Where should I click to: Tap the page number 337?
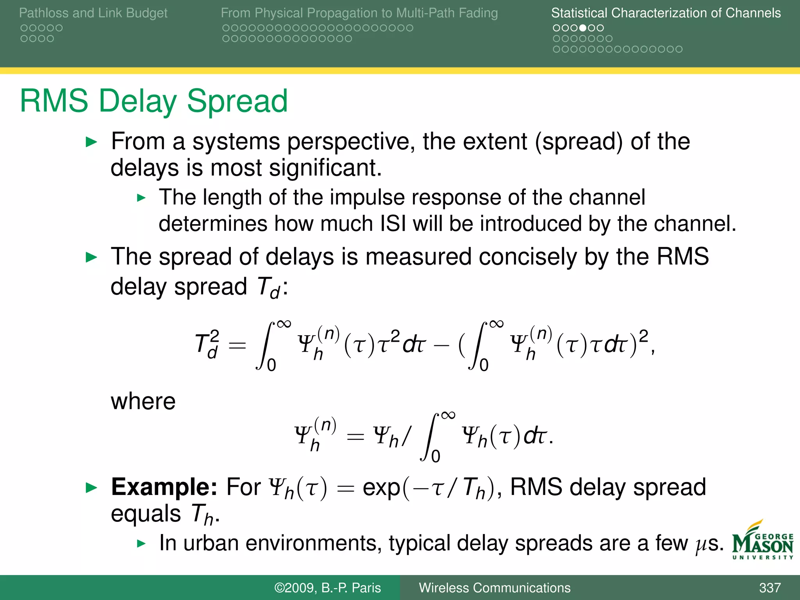[x=770, y=588]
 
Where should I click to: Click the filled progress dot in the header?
[x=582, y=28]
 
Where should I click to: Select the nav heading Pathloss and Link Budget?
[x=93, y=13]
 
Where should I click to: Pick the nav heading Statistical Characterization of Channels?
[x=666, y=13]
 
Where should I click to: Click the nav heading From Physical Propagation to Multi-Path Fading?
[x=359, y=13]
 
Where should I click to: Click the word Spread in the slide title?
[x=237, y=101]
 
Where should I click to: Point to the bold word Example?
[x=164, y=487]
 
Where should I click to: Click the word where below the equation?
[x=143, y=402]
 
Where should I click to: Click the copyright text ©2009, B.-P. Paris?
[x=327, y=588]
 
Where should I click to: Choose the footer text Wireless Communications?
[x=495, y=588]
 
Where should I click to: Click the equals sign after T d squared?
[x=237, y=346]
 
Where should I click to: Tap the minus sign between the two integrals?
[x=441, y=346]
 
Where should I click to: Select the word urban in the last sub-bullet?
[x=211, y=543]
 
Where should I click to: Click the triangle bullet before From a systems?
[x=91, y=142]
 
